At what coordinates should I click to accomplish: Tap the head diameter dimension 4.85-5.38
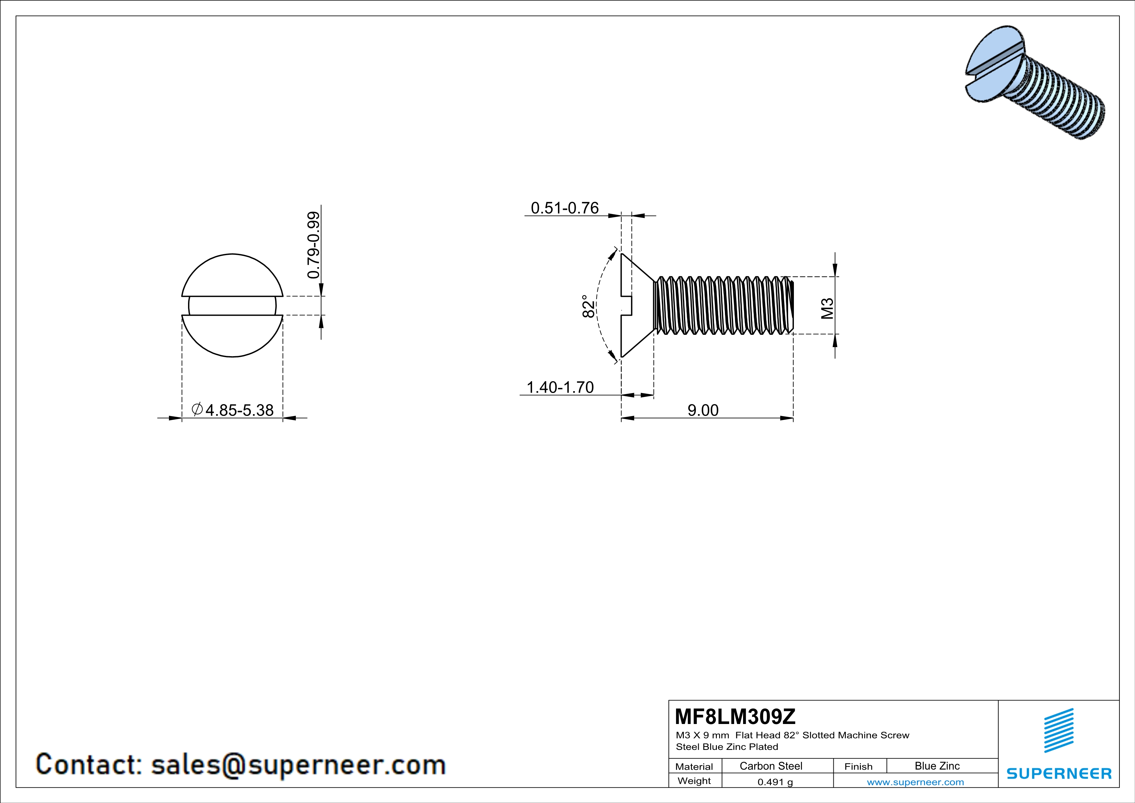[x=239, y=410]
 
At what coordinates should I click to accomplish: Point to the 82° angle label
[x=588, y=307]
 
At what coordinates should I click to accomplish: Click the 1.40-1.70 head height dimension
[x=560, y=387]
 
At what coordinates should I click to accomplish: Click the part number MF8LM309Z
[x=735, y=716]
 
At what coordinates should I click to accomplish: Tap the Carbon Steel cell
[x=771, y=766]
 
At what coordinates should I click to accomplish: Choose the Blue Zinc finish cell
[x=937, y=766]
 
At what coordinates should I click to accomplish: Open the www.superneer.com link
[x=915, y=782]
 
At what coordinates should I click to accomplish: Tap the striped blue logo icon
[x=1058, y=730]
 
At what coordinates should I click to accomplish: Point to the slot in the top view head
[x=232, y=306]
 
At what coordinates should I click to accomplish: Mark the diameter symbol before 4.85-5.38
[x=197, y=409]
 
